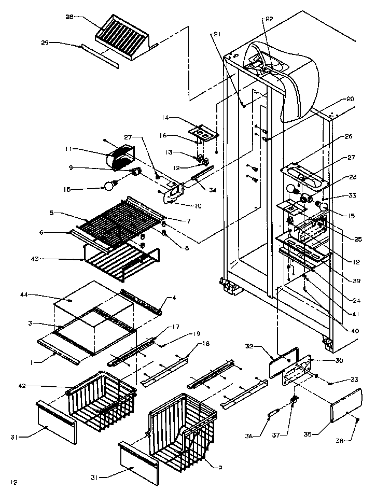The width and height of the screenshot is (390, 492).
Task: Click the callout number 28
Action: click(x=69, y=17)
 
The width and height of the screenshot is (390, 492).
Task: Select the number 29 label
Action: click(x=45, y=43)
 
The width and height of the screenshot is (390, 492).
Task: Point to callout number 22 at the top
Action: click(x=269, y=19)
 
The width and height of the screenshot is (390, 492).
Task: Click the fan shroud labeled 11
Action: click(x=121, y=156)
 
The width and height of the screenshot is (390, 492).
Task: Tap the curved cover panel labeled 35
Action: click(x=346, y=405)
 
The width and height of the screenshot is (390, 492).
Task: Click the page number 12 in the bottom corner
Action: click(x=13, y=482)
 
